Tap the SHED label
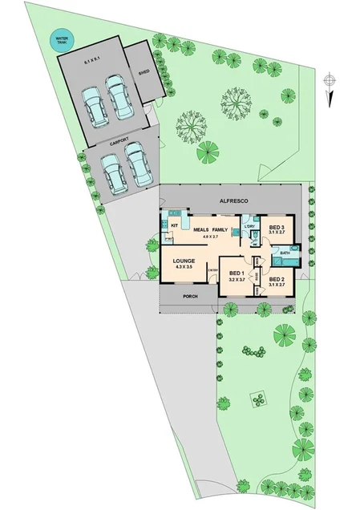coord(144,71)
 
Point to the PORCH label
coord(190,297)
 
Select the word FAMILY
coord(220,229)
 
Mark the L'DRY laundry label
coord(249,228)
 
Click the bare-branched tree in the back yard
coord(191,123)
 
